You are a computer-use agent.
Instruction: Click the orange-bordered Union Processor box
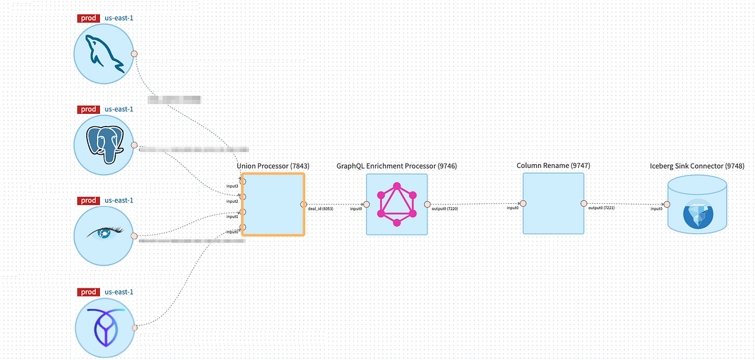coord(273,205)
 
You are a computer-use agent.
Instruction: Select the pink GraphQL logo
coord(397,205)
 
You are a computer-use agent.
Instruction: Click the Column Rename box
coord(553,204)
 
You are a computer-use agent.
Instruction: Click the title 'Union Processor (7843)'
coord(273,166)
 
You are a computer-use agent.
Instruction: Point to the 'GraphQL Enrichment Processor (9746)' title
coord(397,166)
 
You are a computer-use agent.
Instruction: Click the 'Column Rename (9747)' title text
coord(553,166)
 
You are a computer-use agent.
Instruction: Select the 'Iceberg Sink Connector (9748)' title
coord(697,166)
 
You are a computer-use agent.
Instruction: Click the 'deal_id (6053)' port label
coord(320,208)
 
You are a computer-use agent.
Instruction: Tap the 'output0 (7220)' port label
coord(445,208)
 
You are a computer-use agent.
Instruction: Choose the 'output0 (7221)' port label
coord(601,208)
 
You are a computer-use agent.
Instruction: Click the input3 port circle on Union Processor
coord(243,181)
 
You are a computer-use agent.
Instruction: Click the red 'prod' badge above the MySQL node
coord(89,18)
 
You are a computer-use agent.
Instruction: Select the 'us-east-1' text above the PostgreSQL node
coord(119,109)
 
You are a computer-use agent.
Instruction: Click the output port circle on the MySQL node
coord(134,53)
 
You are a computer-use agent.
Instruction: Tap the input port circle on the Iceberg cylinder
coord(667,204)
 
